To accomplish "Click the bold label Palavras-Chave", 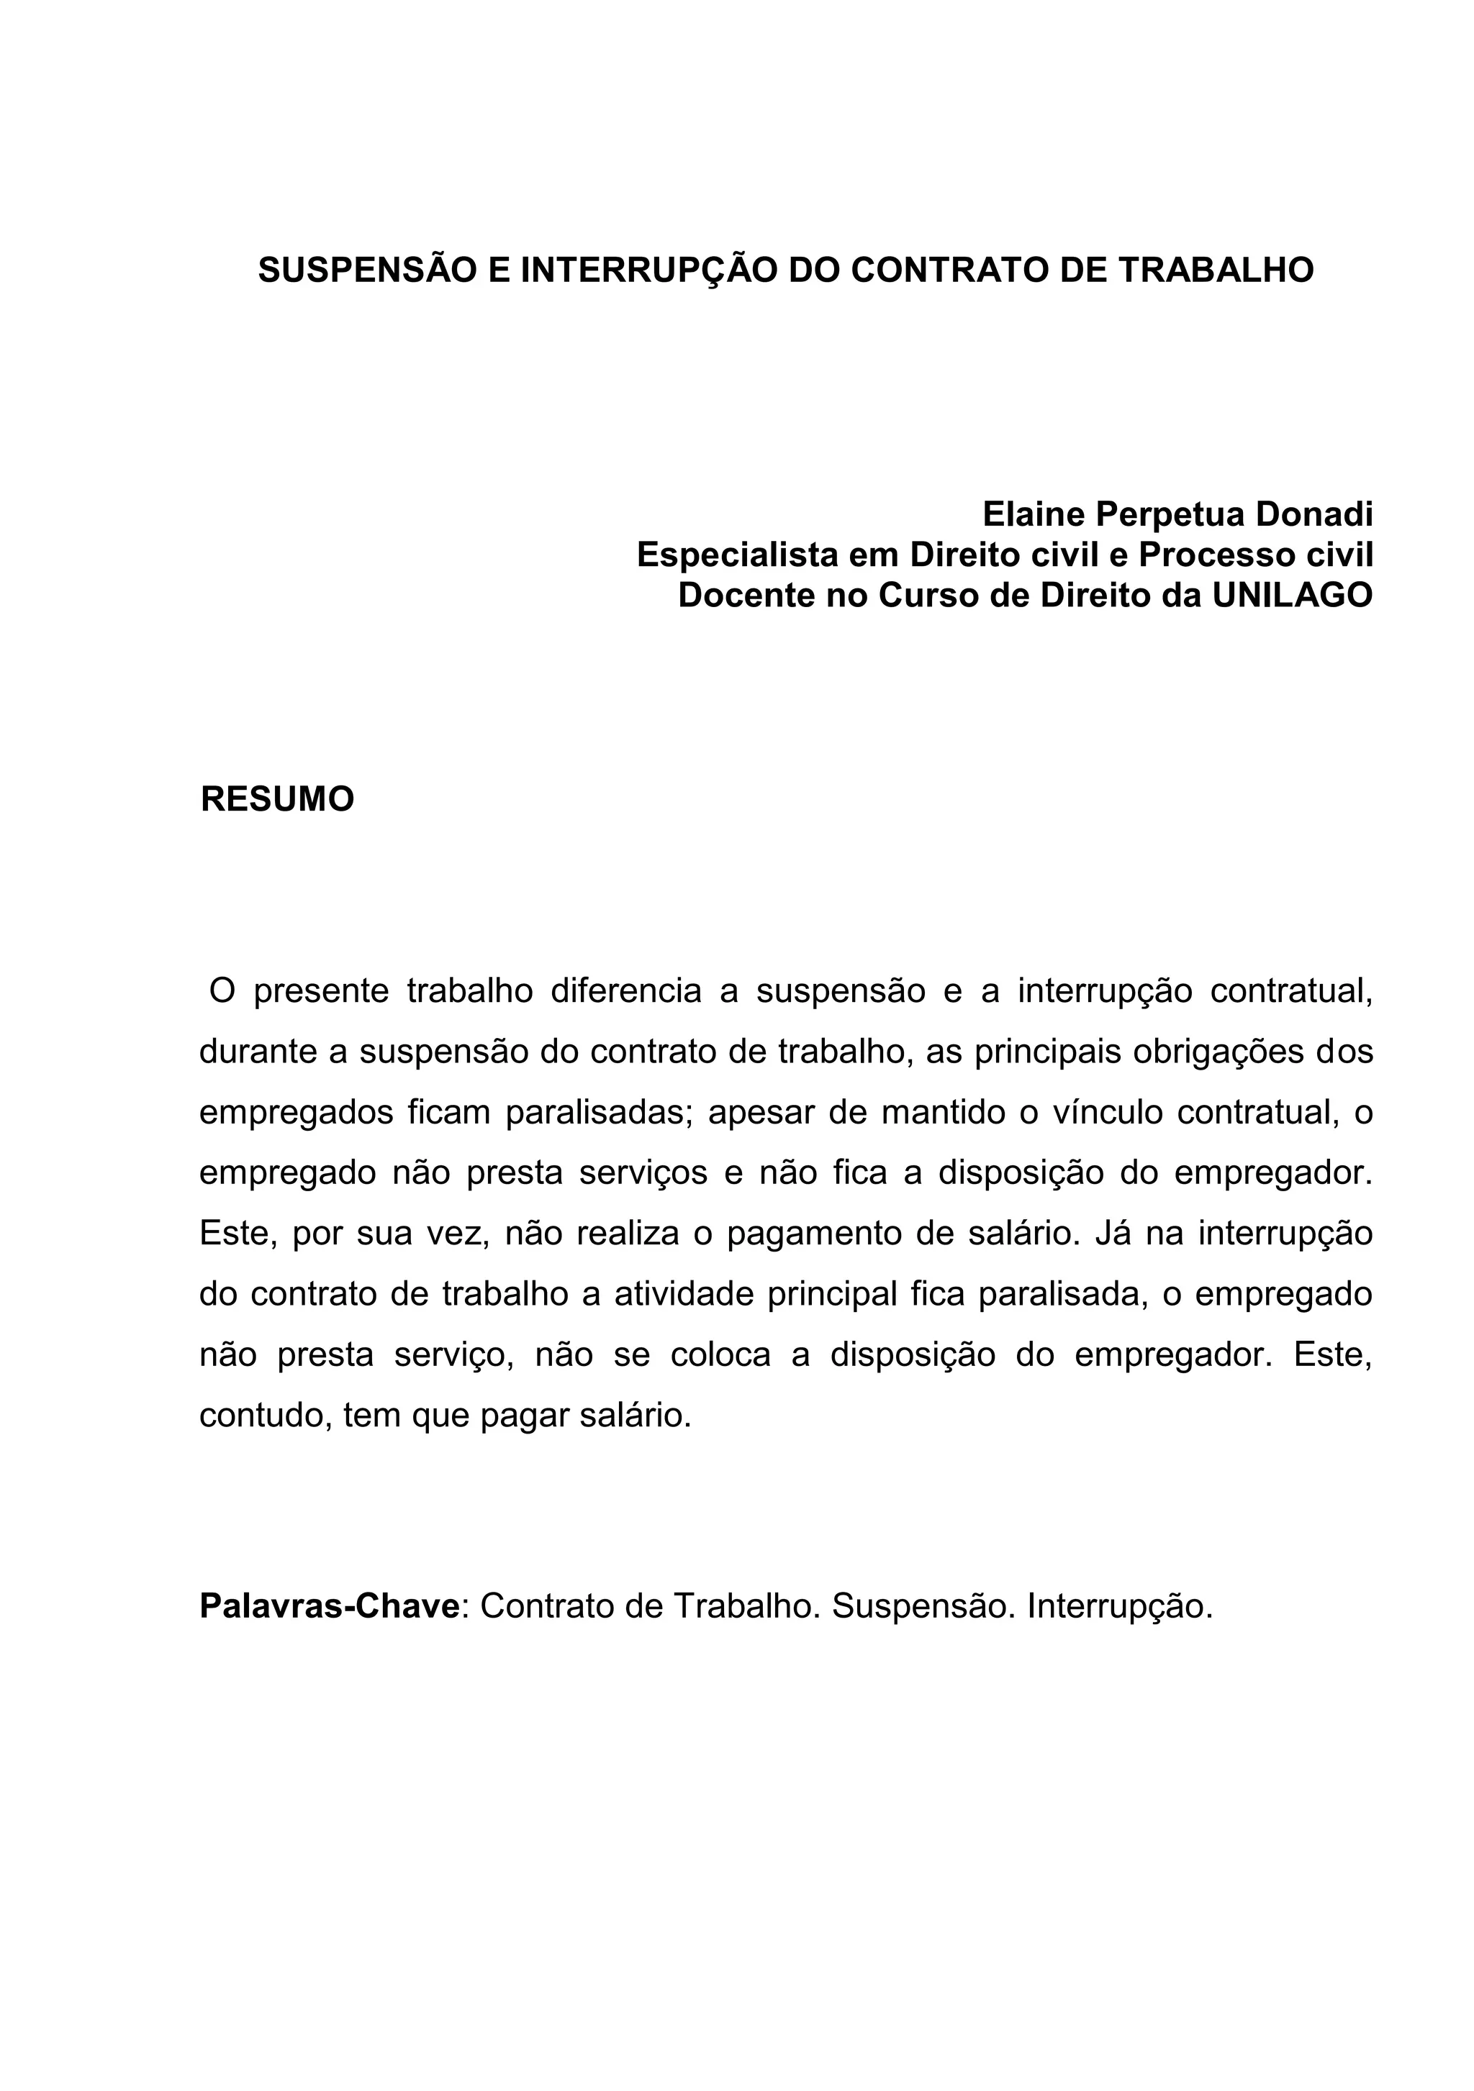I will coord(329,1606).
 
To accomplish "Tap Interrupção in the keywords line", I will coord(1120,1606).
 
